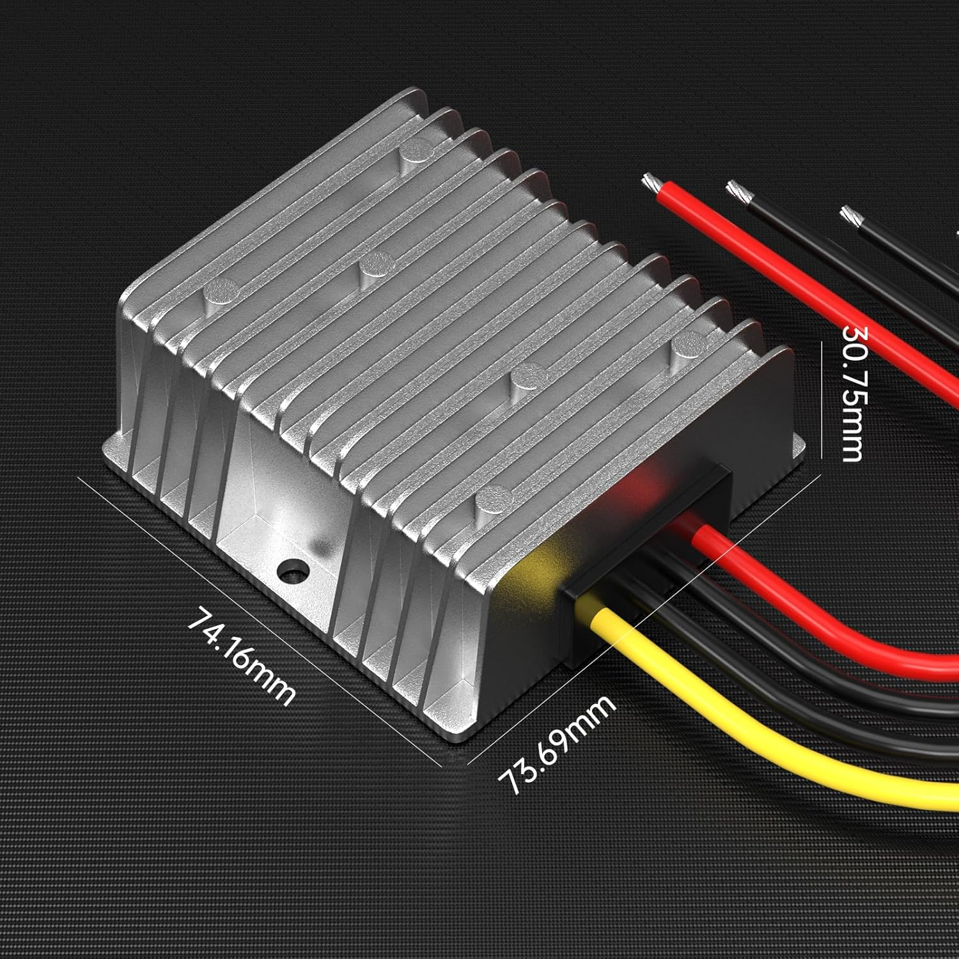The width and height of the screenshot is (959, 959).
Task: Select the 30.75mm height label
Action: click(854, 393)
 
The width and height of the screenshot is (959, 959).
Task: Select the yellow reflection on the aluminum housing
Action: click(543, 563)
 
